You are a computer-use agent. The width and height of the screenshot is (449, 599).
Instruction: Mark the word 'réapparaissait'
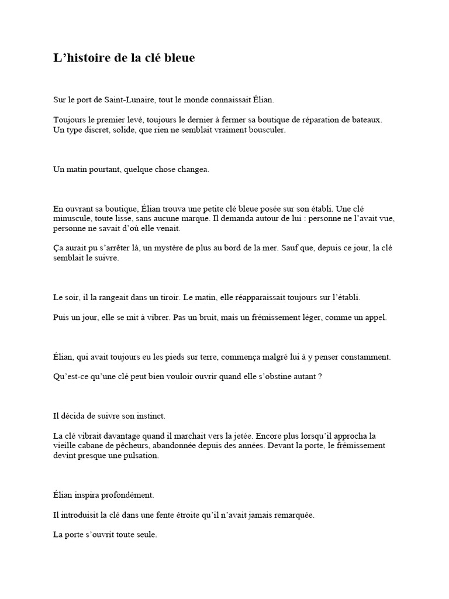258,298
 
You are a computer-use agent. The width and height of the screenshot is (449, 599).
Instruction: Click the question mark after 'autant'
320,377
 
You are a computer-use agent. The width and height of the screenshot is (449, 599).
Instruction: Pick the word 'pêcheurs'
135,446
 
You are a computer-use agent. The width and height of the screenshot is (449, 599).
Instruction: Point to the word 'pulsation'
141,456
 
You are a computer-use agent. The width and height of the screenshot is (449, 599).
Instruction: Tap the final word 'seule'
146,535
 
